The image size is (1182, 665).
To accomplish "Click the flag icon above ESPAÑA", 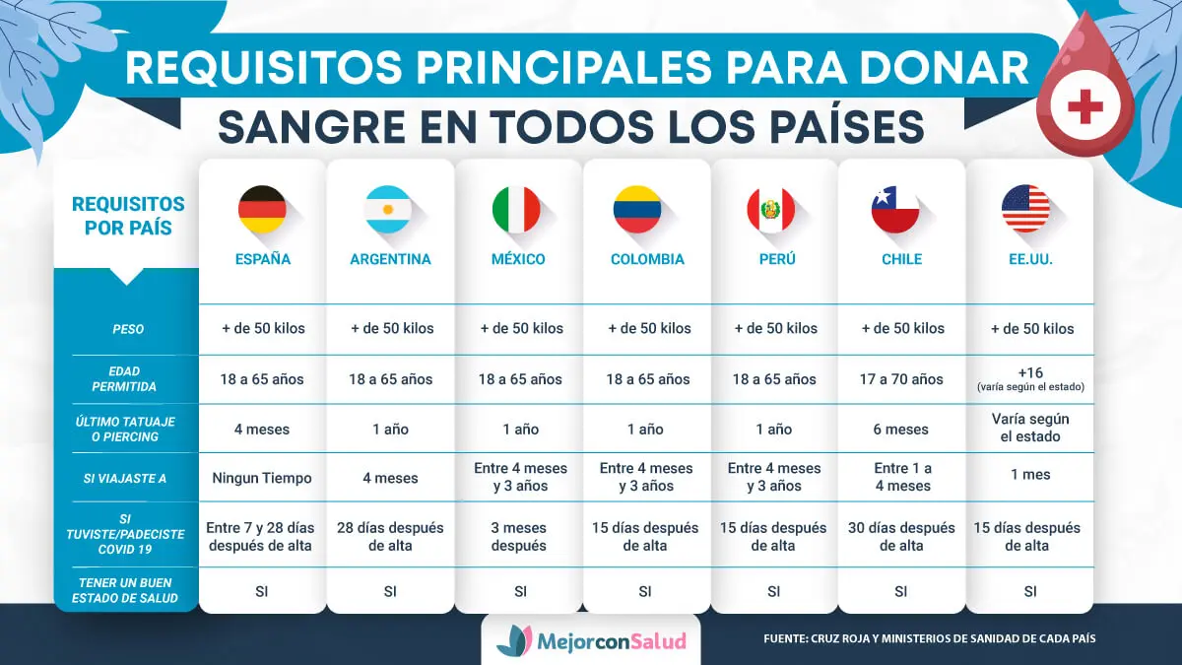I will point(262,209).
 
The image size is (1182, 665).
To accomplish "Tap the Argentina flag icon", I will point(389,209).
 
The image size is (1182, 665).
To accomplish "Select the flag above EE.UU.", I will point(1025,209).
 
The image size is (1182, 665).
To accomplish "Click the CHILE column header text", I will point(901,260).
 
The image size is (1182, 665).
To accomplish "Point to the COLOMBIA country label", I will point(647,260).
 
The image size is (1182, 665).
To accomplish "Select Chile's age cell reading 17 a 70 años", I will point(901,379).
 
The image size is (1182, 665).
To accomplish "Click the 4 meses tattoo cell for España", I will point(262,430).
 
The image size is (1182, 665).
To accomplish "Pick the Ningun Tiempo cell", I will point(262,478).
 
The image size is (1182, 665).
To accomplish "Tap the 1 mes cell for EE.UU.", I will point(1030,475).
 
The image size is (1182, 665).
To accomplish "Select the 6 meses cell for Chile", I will point(901,430).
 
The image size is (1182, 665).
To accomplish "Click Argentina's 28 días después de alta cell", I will point(391,536).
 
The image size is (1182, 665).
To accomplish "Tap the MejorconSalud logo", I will point(591,641).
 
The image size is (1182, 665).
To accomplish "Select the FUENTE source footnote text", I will point(929,639).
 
